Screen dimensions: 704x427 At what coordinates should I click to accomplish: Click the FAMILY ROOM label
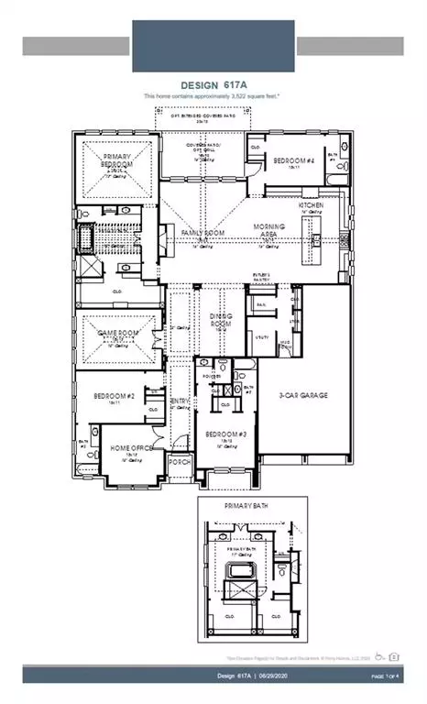click(203, 234)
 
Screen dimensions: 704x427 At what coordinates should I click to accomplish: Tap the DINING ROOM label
click(223, 319)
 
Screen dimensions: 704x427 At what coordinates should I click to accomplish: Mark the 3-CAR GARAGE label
click(302, 396)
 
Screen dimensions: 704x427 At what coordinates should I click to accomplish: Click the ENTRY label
click(181, 401)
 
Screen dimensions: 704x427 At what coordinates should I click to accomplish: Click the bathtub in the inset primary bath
click(239, 582)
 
